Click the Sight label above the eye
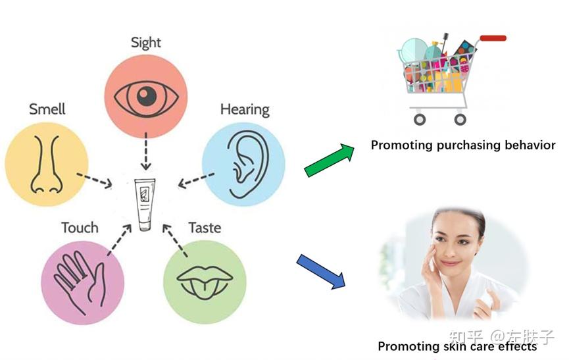146,43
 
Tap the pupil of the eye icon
147,96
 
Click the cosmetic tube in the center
145,205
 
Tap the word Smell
47,109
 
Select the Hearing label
245,110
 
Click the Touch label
80,228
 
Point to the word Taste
205,228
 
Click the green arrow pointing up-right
329,160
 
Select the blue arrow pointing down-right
321,271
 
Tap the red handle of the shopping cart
493,38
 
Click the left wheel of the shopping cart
420,119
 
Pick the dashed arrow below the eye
146,151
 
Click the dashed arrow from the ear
196,180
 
